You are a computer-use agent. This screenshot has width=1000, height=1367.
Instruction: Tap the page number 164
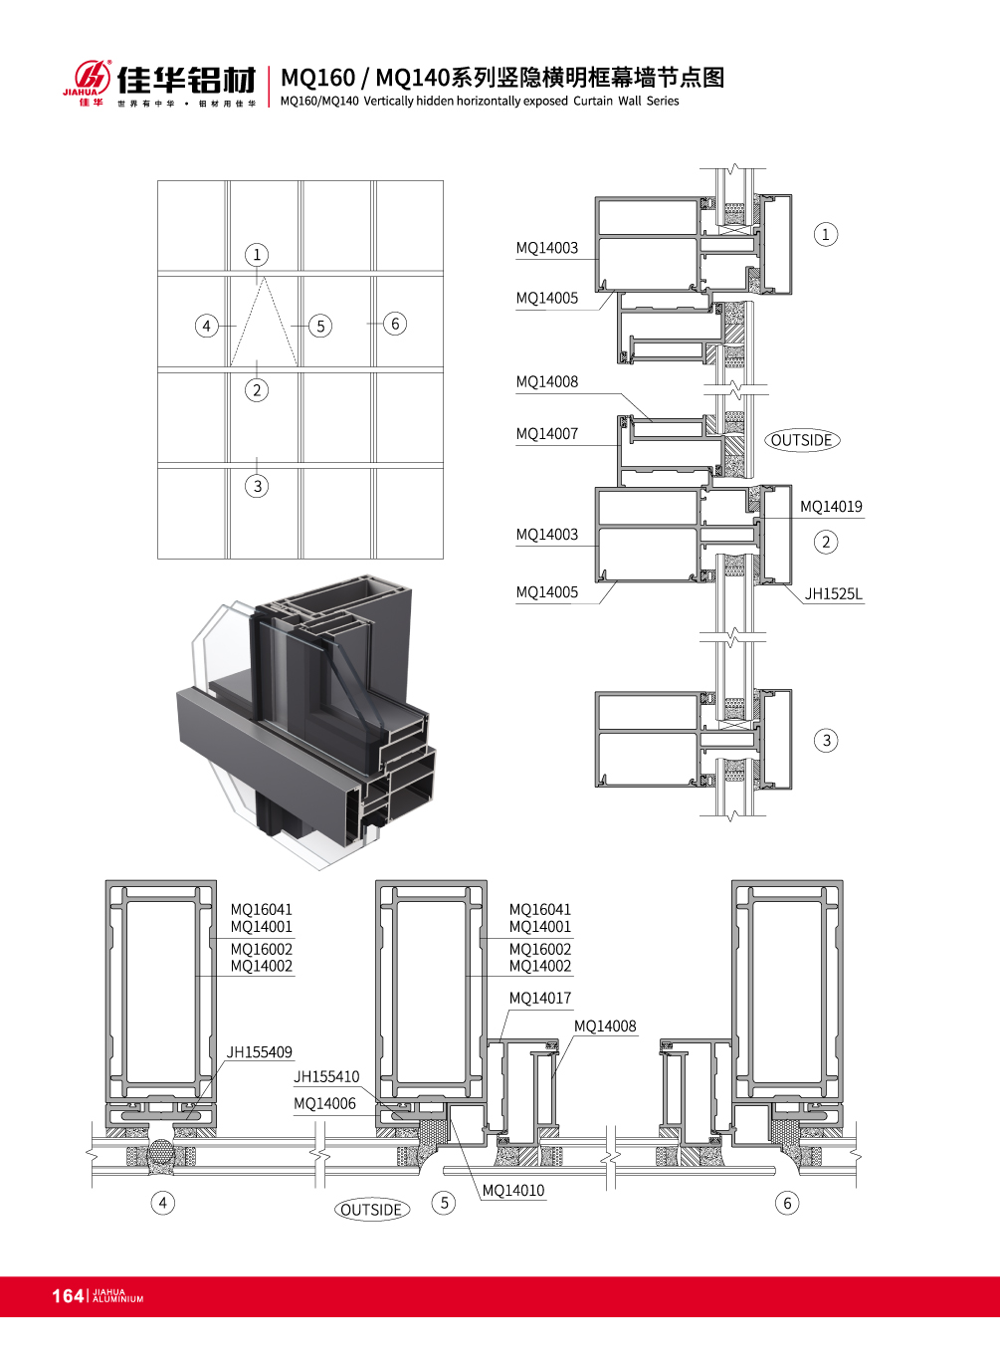coord(68,1295)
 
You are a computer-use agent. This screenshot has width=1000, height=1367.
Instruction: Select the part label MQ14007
coord(546,434)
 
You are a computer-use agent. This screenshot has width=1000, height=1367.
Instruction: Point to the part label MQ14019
coord(831,507)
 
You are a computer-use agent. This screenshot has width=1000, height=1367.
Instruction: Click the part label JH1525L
coord(833,594)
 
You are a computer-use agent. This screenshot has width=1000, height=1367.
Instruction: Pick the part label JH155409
coord(259,1052)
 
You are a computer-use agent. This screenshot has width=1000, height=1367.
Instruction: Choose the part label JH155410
coord(326,1077)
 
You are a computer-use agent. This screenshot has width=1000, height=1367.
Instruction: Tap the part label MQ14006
coord(324,1104)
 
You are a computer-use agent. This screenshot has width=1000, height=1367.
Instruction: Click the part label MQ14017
coord(539,999)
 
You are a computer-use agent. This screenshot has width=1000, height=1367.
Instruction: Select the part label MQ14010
coord(512,1191)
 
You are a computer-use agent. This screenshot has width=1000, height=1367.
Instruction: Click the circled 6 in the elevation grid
coord(395,324)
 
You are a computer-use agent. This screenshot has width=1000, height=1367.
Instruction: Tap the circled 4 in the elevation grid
coord(206,326)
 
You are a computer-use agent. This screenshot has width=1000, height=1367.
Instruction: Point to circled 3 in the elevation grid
coord(257,486)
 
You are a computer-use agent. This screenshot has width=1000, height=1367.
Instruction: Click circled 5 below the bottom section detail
coord(445,1203)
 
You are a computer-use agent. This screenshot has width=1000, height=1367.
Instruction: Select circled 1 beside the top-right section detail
coord(825,234)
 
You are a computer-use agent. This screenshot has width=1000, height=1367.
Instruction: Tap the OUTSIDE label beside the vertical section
coord(802,440)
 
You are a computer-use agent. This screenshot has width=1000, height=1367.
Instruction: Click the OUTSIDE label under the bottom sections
coord(372,1210)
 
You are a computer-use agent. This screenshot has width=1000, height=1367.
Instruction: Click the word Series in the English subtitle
coord(663,102)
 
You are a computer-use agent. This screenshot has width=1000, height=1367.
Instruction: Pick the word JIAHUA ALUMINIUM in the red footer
coord(117,1296)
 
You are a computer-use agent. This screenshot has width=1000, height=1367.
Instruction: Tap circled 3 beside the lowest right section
coord(826,740)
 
